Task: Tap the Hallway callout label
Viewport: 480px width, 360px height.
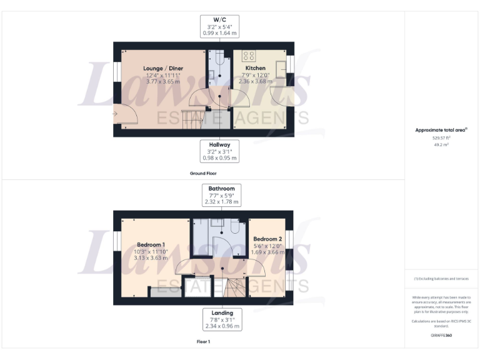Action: click(219, 145)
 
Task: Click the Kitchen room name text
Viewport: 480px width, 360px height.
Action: click(255, 68)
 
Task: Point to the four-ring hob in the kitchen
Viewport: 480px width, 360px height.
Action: click(249, 55)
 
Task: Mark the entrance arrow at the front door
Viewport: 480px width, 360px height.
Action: click(116, 114)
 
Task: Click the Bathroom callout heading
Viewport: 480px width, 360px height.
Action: click(222, 189)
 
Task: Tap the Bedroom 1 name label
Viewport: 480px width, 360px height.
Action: click(151, 244)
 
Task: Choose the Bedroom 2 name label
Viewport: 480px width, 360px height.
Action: click(267, 239)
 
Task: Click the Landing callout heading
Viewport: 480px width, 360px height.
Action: click(222, 313)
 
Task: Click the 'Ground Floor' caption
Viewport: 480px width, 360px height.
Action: click(203, 173)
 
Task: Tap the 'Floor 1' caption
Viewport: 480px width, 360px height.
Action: click(203, 342)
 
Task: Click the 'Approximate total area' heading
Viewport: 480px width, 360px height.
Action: click(441, 130)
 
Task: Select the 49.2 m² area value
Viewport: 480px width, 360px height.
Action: click(441, 144)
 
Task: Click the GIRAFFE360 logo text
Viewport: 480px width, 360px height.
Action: click(441, 336)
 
